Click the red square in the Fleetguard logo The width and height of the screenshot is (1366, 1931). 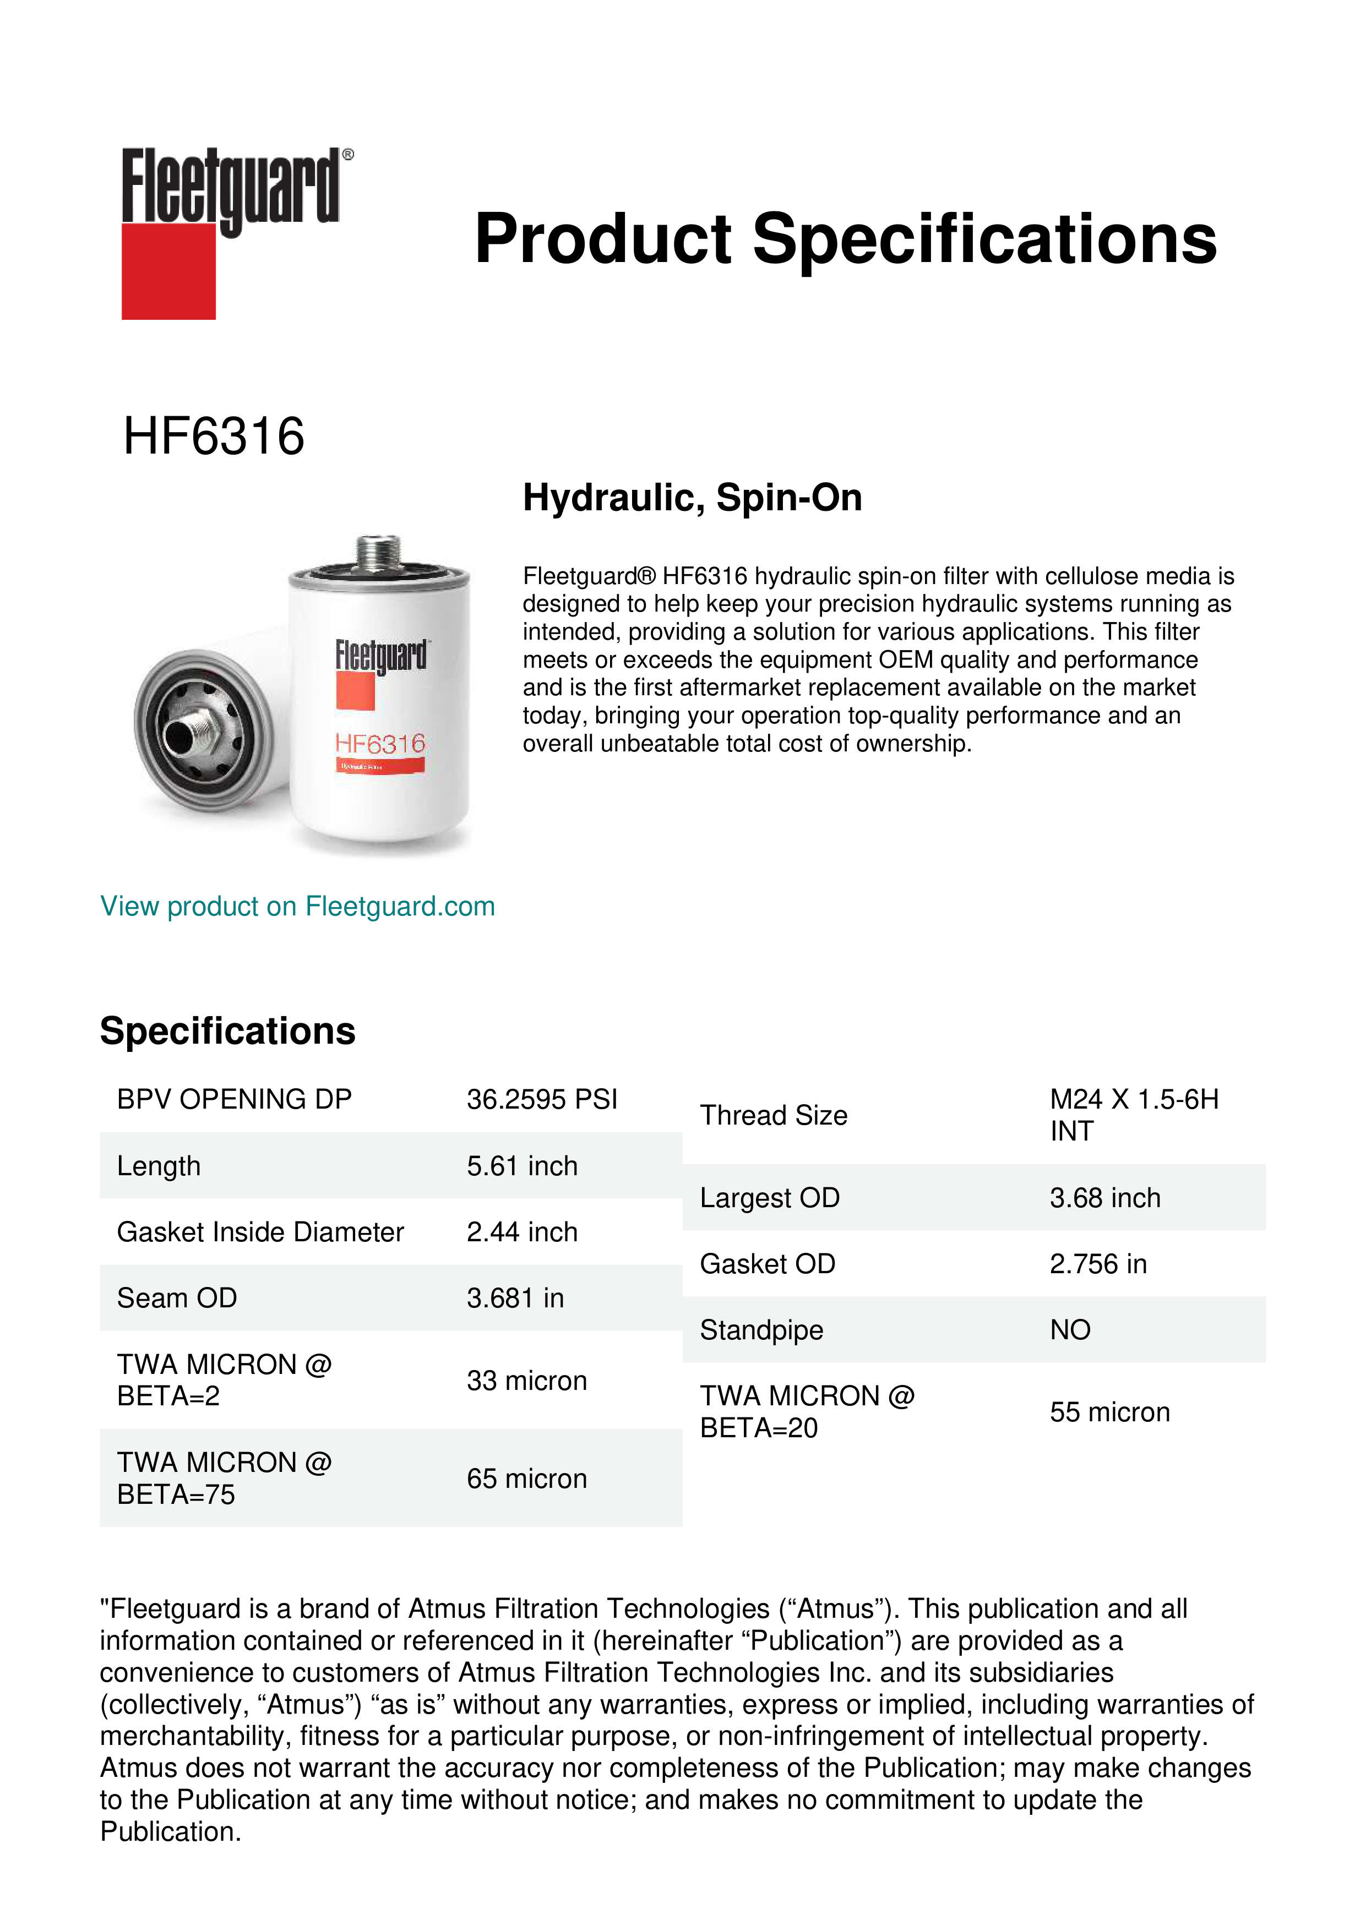coord(168,272)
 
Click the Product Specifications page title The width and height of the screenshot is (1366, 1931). coord(845,239)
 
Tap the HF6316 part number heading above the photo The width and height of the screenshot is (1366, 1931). coord(214,437)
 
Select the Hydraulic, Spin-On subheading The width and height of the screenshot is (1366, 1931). coord(692,497)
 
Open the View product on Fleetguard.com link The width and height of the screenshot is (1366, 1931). coord(298,907)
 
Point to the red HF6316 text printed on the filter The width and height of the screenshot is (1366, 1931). coord(380,744)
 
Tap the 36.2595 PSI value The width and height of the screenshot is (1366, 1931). coord(542,1099)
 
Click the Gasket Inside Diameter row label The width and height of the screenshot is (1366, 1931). coord(260,1232)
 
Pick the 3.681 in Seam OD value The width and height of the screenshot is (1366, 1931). coord(515,1299)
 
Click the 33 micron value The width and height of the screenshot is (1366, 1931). coord(526,1381)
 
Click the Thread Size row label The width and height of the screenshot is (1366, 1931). coord(773,1115)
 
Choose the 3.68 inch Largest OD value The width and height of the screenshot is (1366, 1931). coord(1104,1198)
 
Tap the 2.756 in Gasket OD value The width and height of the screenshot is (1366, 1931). coord(1098,1264)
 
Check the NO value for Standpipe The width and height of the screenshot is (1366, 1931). coord(1070,1330)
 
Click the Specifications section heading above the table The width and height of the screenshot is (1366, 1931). coord(227,1031)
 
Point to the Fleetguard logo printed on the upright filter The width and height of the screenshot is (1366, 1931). coord(380,656)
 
